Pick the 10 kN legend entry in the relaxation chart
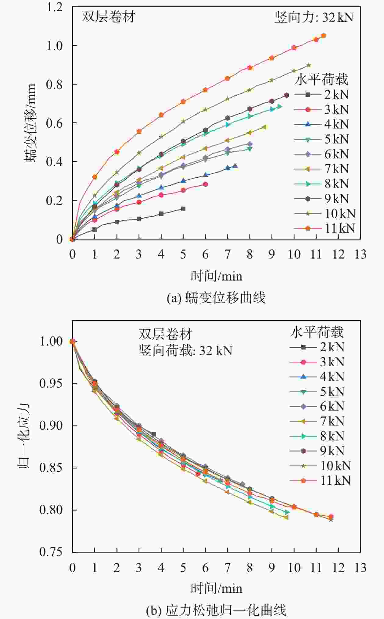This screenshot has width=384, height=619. [x=320, y=466]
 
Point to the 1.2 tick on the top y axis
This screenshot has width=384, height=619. [x=54, y=7]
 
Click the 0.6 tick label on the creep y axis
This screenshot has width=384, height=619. [x=54, y=123]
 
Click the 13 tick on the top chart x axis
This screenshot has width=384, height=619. [x=360, y=254]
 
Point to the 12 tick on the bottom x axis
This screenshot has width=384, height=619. [x=338, y=568]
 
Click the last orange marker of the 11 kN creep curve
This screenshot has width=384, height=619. [x=324, y=36]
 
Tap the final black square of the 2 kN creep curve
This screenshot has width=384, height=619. [x=183, y=209]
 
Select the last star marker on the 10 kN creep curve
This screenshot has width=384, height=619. [x=309, y=65]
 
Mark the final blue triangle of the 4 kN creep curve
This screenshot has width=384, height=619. [x=235, y=166]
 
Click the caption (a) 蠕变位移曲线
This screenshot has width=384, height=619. [x=216, y=298]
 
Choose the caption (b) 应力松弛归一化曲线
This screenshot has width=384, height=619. [x=216, y=610]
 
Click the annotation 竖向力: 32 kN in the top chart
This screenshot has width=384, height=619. [x=314, y=17]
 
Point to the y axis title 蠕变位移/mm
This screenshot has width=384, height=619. [x=31, y=122]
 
